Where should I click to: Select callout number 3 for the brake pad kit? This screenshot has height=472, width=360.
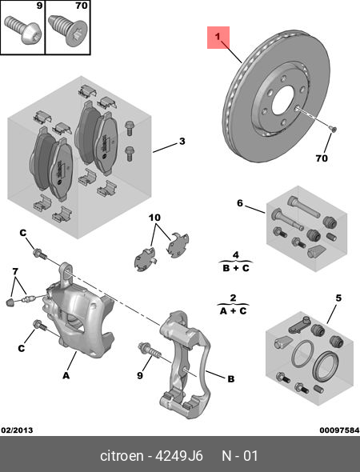click(x=182, y=142)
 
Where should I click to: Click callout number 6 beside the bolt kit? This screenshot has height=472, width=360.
click(x=239, y=204)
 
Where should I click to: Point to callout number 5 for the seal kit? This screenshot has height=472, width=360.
click(x=338, y=298)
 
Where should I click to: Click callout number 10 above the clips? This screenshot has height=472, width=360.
click(x=154, y=217)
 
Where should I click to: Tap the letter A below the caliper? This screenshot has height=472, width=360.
click(x=66, y=374)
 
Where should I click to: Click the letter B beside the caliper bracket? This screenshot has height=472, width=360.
click(x=231, y=379)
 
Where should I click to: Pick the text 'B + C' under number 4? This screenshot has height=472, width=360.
click(x=235, y=267)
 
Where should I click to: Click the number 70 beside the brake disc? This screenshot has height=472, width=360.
click(x=321, y=158)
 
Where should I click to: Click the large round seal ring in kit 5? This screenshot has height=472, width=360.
click(x=326, y=367)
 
